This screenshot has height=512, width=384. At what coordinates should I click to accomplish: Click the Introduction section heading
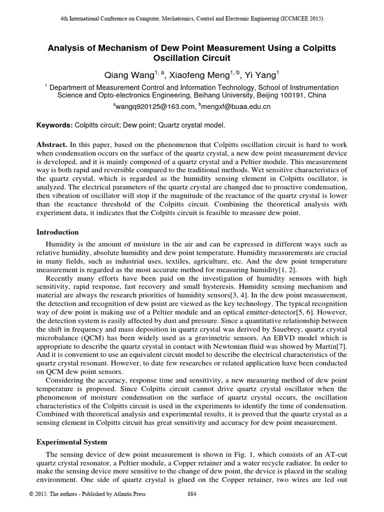[58, 232]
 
